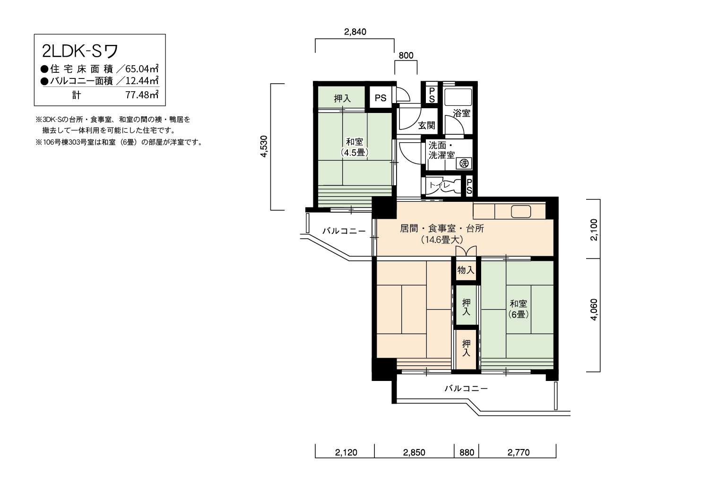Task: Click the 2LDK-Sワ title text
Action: (80, 51)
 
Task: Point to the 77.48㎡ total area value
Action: (142, 95)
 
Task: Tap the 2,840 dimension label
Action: (355, 32)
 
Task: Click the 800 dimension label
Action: (406, 55)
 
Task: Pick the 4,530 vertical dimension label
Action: (264, 147)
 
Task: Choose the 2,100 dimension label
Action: (594, 230)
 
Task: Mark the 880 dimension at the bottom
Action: (467, 453)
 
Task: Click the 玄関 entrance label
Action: (427, 125)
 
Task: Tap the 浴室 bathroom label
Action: (461, 113)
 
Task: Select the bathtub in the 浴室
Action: (458, 97)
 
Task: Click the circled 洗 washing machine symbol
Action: (464, 164)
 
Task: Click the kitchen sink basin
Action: (521, 212)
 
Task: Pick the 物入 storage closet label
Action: (466, 270)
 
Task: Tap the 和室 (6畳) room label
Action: (519, 309)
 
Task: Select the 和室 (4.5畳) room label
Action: (354, 147)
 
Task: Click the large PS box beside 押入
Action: (380, 97)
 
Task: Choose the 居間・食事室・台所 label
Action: (442, 228)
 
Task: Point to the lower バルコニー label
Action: (466, 389)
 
